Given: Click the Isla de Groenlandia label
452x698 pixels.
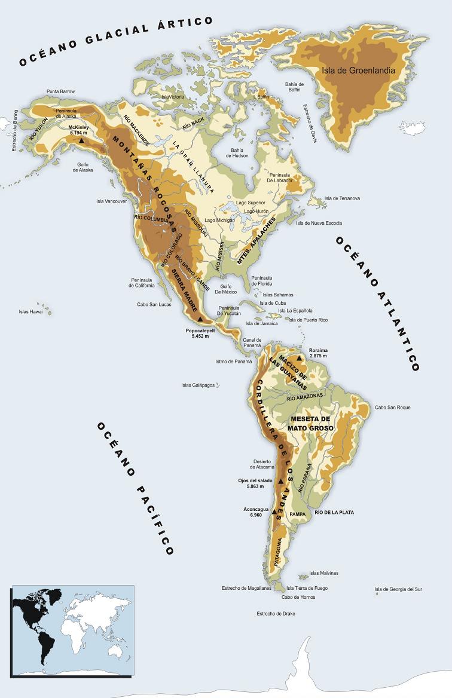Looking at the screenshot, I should [358, 70].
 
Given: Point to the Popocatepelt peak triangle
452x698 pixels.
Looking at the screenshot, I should [200, 320].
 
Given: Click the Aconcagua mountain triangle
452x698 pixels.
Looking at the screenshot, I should [274, 512].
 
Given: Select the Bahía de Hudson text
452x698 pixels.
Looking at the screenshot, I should [237, 152].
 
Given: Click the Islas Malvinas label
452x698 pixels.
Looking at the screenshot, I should [323, 573].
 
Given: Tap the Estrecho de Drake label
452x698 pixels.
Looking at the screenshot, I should [276, 614].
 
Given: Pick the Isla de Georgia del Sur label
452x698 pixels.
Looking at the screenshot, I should [398, 589].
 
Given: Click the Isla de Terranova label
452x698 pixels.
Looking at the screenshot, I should [341, 198].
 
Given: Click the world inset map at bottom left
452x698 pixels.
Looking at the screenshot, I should [71, 628].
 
